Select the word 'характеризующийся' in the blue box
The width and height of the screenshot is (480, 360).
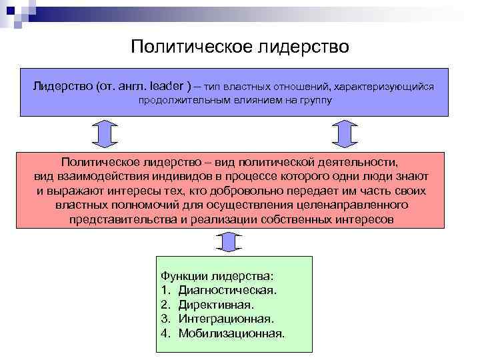[x=384, y=87]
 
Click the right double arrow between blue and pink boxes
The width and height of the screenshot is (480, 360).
[x=345, y=134]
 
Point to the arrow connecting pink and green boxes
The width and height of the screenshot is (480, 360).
[x=229, y=242]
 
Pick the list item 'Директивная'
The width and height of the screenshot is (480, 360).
[x=216, y=305]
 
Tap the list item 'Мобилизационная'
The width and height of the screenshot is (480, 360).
[x=231, y=333]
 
